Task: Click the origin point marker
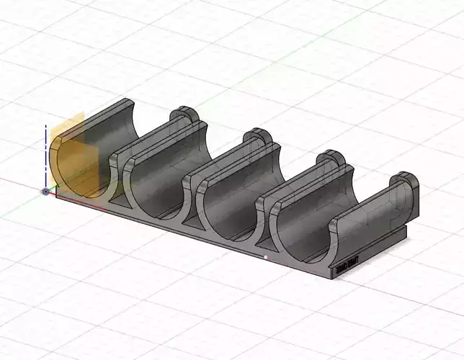tap(46, 192)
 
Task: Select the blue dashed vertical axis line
tap(46, 155)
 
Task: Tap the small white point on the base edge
tap(266, 257)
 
